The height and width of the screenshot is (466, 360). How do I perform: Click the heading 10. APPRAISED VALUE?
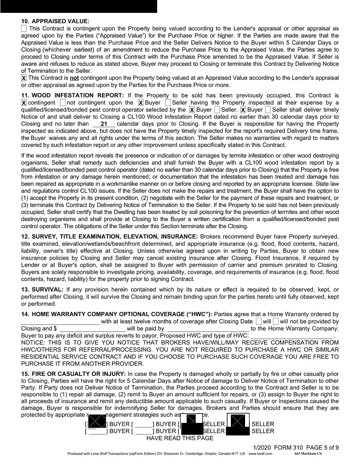(55, 21)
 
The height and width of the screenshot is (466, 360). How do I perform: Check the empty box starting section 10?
(24, 28)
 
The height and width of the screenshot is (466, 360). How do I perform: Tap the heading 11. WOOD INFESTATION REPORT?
(73, 95)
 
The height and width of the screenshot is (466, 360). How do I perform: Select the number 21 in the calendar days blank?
(104, 124)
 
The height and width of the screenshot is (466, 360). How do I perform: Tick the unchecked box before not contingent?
(62, 103)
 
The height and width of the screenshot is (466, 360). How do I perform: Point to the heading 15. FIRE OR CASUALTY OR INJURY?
(73, 375)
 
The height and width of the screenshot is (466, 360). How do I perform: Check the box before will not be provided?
(276, 321)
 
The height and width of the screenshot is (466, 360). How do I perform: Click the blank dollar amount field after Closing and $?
(93, 329)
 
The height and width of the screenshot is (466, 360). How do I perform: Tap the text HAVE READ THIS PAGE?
(180, 438)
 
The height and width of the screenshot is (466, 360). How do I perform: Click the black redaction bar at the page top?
(79, 6)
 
